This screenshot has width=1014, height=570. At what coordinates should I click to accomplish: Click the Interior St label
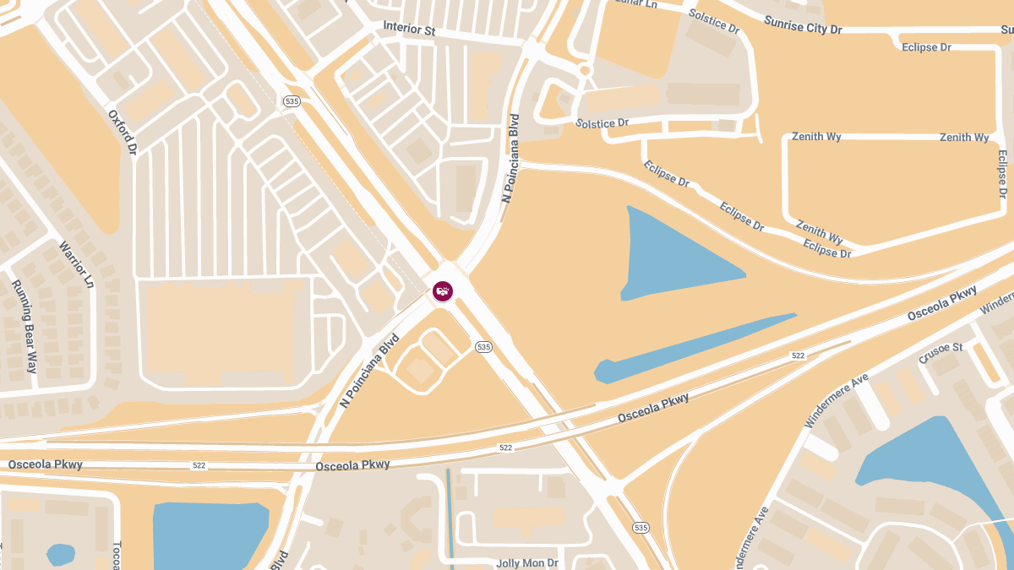[409, 29]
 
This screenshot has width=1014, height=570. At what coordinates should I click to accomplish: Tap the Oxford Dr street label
[123, 131]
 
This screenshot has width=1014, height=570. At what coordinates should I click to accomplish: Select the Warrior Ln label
[75, 264]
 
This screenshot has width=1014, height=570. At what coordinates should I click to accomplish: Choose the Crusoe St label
[940, 353]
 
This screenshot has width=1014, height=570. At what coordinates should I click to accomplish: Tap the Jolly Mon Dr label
[527, 562]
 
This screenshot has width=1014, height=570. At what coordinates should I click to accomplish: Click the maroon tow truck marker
[443, 291]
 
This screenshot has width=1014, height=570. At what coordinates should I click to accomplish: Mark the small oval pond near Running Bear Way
[61, 555]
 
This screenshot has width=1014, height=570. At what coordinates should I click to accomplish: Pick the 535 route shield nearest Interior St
[292, 101]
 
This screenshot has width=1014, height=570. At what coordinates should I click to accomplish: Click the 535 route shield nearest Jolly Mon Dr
[641, 528]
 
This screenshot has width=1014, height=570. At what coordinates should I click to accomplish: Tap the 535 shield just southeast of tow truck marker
[483, 347]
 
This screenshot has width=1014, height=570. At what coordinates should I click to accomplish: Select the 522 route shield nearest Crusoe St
[798, 356]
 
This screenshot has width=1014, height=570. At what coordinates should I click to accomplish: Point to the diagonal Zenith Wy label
[819, 233]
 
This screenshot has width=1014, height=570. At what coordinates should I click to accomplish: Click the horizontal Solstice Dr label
[602, 123]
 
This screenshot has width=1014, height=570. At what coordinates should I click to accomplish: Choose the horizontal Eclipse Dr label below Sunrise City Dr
[926, 47]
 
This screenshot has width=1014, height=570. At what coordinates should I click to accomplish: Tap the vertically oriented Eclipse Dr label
[1002, 174]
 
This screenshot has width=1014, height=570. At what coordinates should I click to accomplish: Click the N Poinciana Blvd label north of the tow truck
[510, 158]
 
